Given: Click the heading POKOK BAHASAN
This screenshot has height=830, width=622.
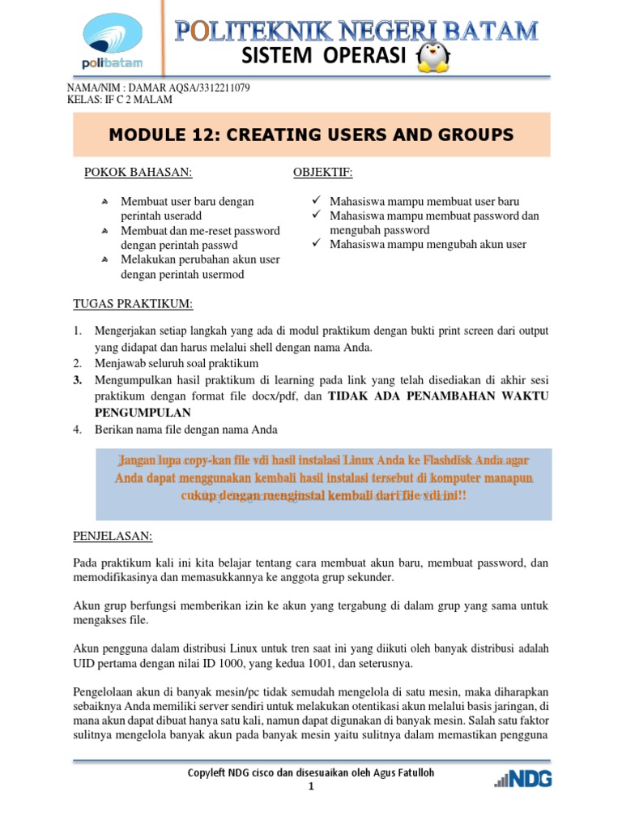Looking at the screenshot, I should click(138, 173).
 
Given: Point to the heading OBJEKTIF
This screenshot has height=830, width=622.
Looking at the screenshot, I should click(322, 173).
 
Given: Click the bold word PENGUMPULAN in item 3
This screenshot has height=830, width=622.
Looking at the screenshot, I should click(145, 412).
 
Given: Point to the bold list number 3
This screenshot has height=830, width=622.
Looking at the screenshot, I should click(77, 379).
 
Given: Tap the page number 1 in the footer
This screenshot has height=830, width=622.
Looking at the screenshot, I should click(311, 787).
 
